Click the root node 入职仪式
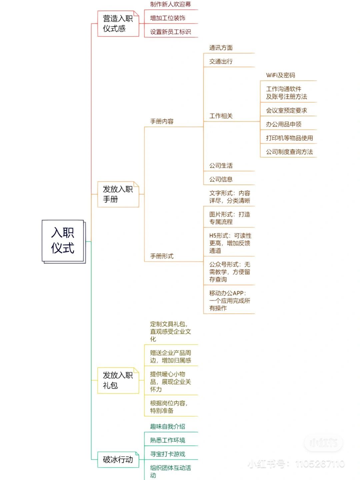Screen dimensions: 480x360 tap(63, 241)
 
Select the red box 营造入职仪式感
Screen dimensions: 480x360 tap(118, 23)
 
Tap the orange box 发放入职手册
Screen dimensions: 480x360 tap(118, 194)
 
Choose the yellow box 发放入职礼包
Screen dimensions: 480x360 tap(118, 380)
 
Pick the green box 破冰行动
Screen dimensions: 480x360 tap(118, 459)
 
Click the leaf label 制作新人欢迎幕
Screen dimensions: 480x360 tap(170, 4)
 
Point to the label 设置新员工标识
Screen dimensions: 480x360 tap(170, 32)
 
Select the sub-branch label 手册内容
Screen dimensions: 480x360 tap(162, 121)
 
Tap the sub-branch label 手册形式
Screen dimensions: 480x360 tap(162, 256)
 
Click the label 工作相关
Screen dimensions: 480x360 tap(221, 116)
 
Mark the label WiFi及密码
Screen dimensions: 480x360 tap(280, 75)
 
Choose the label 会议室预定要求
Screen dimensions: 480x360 tap(286, 110)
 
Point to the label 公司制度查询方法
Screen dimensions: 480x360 tap(289, 152)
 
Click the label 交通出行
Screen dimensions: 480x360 tap(221, 61)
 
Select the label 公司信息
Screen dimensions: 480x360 tap(221, 179)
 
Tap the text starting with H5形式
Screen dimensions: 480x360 tap(230, 243)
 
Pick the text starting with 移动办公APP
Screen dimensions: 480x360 tap(229, 300)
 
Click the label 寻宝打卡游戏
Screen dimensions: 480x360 tap(167, 454)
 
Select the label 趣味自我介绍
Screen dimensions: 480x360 tap(167, 426)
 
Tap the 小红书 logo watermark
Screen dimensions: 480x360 tap(323, 443)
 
